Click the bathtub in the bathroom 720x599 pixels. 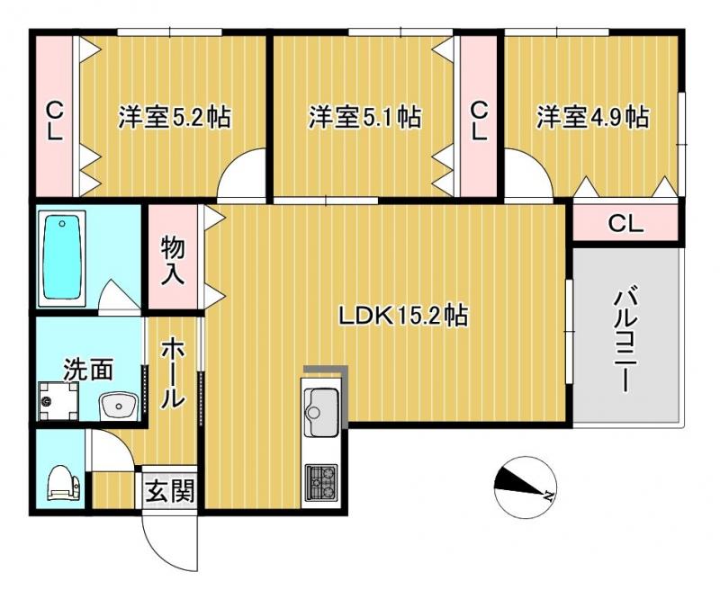(x=61, y=258)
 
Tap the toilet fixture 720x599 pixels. (x=63, y=482)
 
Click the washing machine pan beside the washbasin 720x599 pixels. (x=58, y=401)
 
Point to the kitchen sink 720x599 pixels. (x=320, y=411)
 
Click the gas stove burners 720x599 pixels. (x=321, y=482)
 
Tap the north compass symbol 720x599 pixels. (x=526, y=487)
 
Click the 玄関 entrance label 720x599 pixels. (x=170, y=492)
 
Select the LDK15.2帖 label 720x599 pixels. (x=403, y=316)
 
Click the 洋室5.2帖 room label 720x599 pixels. (x=175, y=117)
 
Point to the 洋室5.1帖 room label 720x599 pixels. (x=364, y=117)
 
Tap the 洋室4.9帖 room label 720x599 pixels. (x=593, y=117)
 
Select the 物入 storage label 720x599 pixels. (x=173, y=261)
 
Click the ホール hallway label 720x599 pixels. (x=173, y=372)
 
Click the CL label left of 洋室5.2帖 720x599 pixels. (x=55, y=121)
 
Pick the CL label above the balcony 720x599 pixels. (x=625, y=224)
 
